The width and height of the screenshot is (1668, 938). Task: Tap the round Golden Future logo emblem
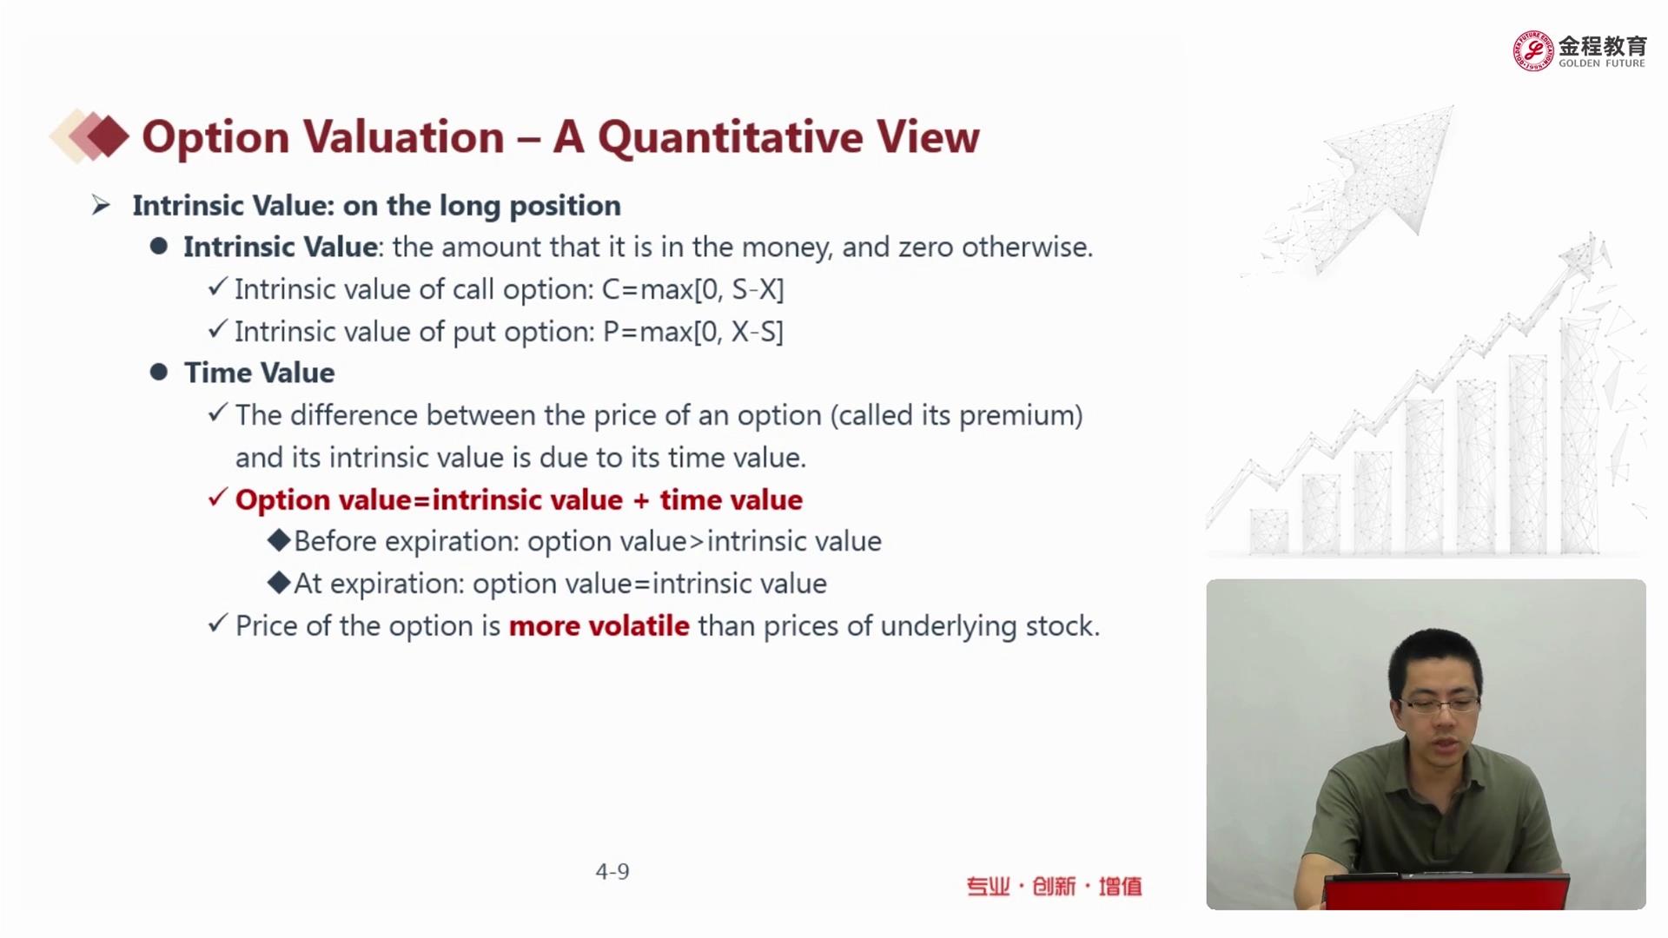1533,50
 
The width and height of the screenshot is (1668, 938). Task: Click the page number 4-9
612,871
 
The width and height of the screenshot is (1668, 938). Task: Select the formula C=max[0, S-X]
692,289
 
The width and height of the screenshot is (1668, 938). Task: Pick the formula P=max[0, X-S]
692,332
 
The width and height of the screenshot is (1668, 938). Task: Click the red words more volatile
599,626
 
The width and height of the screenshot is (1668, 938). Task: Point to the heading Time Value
259,373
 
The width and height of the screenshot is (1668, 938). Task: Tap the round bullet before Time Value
158,373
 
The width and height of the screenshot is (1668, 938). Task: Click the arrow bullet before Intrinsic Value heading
101,206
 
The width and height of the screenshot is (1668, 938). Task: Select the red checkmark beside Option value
218,499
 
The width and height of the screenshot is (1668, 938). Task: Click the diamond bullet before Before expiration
279,540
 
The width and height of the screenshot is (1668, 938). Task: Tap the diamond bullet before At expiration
279,583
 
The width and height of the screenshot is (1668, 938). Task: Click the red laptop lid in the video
1446,893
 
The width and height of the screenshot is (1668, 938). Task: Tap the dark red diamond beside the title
108,136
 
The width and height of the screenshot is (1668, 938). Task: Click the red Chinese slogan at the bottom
1054,887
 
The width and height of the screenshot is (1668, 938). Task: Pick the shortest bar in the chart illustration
1268,532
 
